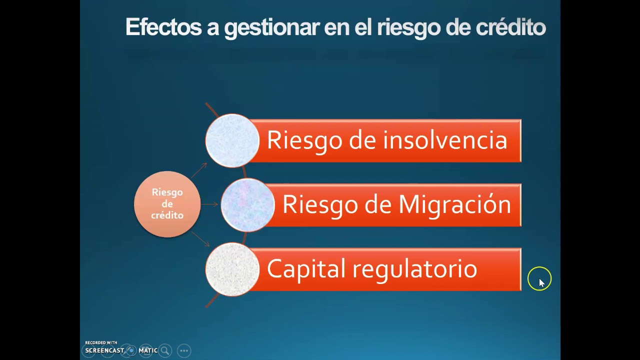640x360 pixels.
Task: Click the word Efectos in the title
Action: click(163, 27)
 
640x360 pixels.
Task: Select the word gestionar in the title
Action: click(271, 28)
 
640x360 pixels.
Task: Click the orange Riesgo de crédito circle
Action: click(167, 204)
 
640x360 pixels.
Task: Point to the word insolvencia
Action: click(445, 140)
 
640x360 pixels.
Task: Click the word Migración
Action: click(454, 205)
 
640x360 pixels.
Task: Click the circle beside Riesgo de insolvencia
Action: click(232, 140)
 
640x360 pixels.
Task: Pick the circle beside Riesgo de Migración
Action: click(247, 205)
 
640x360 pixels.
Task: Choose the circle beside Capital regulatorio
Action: click(232, 269)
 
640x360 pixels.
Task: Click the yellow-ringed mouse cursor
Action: click(539, 279)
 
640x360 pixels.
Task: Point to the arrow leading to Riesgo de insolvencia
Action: click(199, 170)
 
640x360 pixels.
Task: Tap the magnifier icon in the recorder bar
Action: click(165, 350)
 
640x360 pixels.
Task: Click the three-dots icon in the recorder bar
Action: click(184, 350)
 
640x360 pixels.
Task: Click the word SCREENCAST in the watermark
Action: click(104, 350)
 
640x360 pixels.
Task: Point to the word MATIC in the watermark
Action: click(148, 350)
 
